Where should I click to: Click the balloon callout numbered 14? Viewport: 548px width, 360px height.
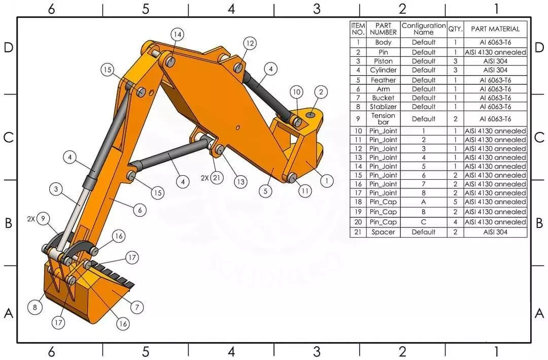point(177,35)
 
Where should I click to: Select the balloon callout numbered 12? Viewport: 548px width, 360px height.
point(250,44)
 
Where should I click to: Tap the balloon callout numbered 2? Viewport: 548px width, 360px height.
point(321,92)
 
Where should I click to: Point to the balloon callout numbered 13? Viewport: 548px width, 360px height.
point(241,181)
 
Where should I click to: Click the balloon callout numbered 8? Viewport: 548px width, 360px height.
point(35,307)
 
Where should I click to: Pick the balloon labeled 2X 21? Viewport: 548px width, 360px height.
point(217,178)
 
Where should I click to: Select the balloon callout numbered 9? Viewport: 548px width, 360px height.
point(44,219)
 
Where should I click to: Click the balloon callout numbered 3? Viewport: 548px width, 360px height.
point(56,189)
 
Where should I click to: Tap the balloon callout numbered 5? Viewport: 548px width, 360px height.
point(265,191)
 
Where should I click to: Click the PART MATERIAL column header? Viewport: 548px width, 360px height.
point(495,29)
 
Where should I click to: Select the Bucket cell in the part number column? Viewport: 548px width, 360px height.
point(383,97)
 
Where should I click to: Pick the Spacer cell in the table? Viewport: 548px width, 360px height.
point(383,232)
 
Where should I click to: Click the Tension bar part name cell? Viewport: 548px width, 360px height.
point(383,119)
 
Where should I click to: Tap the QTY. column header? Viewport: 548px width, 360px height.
point(455,29)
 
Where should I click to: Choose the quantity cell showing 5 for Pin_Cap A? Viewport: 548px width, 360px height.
point(455,202)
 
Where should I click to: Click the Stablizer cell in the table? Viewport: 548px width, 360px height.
point(383,107)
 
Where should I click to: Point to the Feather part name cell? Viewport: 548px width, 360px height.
point(383,80)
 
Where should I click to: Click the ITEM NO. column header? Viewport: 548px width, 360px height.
point(358,29)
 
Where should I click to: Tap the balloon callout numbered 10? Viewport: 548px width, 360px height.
point(296,92)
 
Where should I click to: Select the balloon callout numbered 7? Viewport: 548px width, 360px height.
point(136,307)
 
